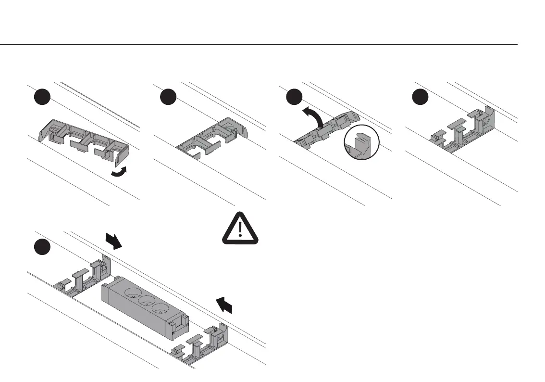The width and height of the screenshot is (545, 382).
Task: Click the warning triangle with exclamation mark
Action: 240,229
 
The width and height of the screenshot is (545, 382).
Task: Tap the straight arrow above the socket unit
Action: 113,239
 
